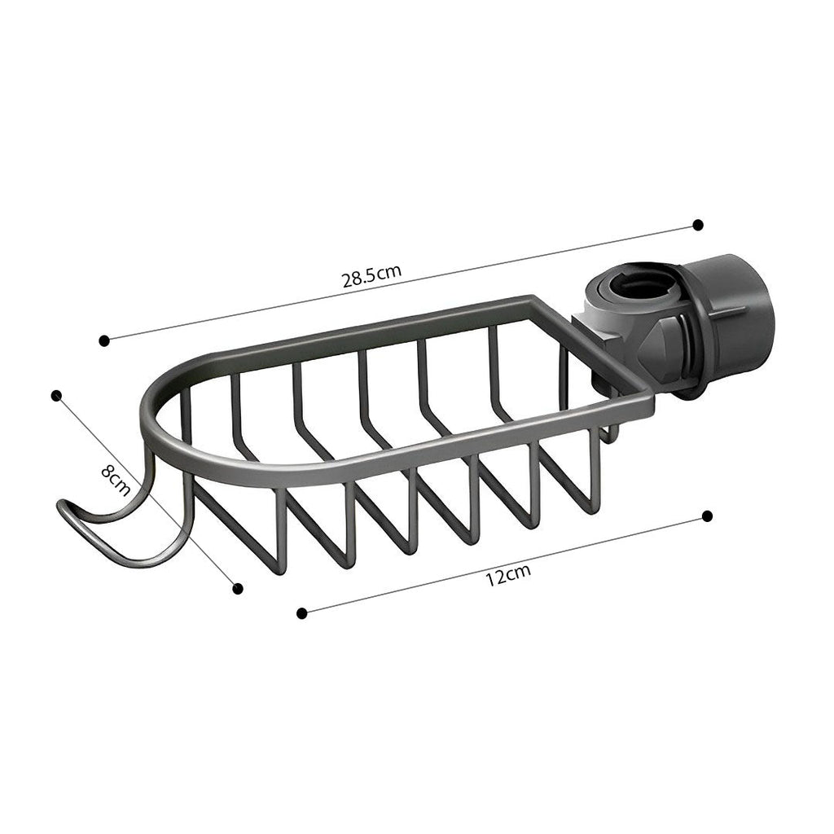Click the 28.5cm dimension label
tap(371, 275)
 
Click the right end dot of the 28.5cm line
tap(697, 224)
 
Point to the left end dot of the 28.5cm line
tap(103, 340)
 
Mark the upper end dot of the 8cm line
tap(56, 395)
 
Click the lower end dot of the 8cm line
tap(238, 588)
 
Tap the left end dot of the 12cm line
tap(302, 613)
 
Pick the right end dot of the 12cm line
tap(707, 516)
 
